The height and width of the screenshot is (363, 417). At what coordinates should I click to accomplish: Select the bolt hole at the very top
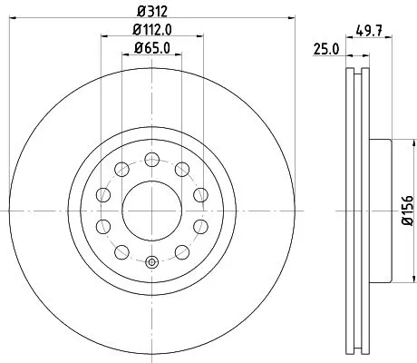(152, 160)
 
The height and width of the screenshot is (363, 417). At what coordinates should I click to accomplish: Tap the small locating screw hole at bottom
(151, 264)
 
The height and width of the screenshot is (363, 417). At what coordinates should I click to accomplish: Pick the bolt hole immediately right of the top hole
(182, 169)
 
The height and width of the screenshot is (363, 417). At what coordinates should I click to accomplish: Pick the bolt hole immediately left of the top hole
(122, 169)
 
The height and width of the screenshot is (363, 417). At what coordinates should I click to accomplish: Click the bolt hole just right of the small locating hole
(182, 252)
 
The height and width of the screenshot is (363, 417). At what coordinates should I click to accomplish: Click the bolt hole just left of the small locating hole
(122, 252)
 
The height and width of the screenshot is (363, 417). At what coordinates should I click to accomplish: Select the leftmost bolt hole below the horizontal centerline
(104, 226)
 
